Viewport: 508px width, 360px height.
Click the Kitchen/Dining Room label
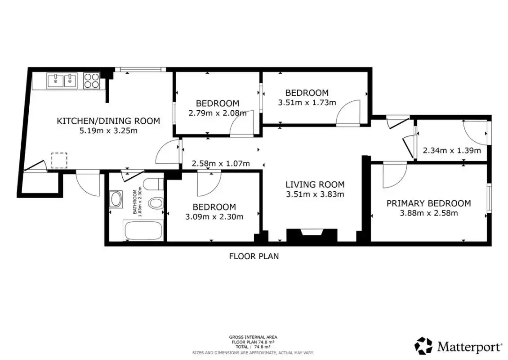(x=108, y=121)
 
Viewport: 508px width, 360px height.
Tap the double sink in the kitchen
(x=62, y=81)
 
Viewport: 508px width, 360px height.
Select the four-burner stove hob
(x=91, y=81)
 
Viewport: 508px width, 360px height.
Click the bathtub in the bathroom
(x=143, y=230)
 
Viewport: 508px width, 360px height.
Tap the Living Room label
(x=315, y=184)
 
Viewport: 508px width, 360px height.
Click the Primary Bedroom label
(x=428, y=203)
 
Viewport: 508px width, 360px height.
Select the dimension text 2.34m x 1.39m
(x=452, y=150)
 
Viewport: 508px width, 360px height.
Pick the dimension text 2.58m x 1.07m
(x=221, y=163)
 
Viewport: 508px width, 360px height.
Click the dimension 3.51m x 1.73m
(x=307, y=103)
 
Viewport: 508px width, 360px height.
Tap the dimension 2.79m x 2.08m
(x=218, y=113)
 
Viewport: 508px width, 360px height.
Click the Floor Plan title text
(x=254, y=256)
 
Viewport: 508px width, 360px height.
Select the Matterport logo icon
(x=423, y=346)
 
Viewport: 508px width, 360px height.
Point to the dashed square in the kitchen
(x=59, y=160)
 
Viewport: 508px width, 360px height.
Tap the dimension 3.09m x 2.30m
(x=214, y=216)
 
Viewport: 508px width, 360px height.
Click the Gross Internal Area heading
(x=253, y=337)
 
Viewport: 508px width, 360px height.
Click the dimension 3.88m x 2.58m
(x=428, y=213)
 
